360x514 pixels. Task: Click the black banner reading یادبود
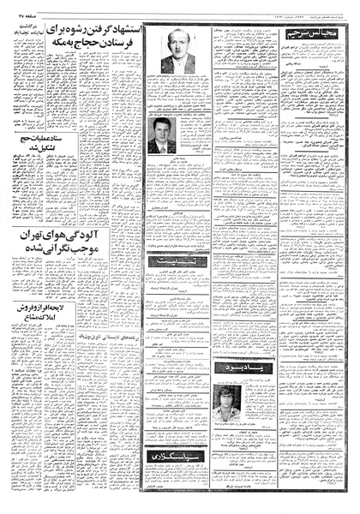coord(227,391)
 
